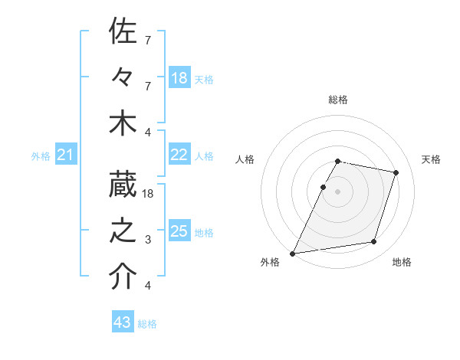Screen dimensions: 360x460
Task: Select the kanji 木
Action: coord(123,124)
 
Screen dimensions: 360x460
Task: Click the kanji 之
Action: coord(123,231)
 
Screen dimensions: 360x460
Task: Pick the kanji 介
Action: coord(123,277)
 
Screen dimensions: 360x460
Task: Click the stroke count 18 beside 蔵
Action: coord(148,194)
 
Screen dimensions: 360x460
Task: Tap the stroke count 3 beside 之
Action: coord(148,240)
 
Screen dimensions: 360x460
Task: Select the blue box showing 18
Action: coord(179,77)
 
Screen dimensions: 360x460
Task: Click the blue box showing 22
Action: coord(179,155)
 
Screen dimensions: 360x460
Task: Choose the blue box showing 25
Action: coord(179,231)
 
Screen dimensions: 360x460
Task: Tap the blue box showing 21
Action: coord(65,155)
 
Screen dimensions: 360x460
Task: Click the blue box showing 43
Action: coord(122,322)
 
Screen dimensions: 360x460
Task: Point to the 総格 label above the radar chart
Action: coord(338,100)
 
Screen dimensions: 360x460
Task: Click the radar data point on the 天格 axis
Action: coord(396,172)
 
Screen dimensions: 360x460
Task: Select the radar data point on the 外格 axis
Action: coord(293,253)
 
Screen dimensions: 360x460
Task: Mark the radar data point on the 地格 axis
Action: coord(374,242)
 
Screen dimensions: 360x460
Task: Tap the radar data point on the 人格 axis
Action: coord(324,187)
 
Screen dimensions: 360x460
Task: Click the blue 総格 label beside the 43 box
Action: coord(147,324)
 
